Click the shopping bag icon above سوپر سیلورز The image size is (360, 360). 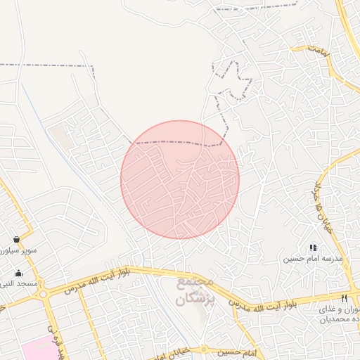click(15, 240)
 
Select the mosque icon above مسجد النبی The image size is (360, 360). click(18, 274)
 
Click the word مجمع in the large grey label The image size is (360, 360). click(194, 283)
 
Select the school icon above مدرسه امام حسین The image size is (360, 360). click(313, 247)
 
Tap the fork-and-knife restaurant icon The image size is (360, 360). click(344, 298)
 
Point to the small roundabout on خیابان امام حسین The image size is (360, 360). click(204, 349)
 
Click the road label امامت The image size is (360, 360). click(319, 50)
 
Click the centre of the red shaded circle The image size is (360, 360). click(180, 180)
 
